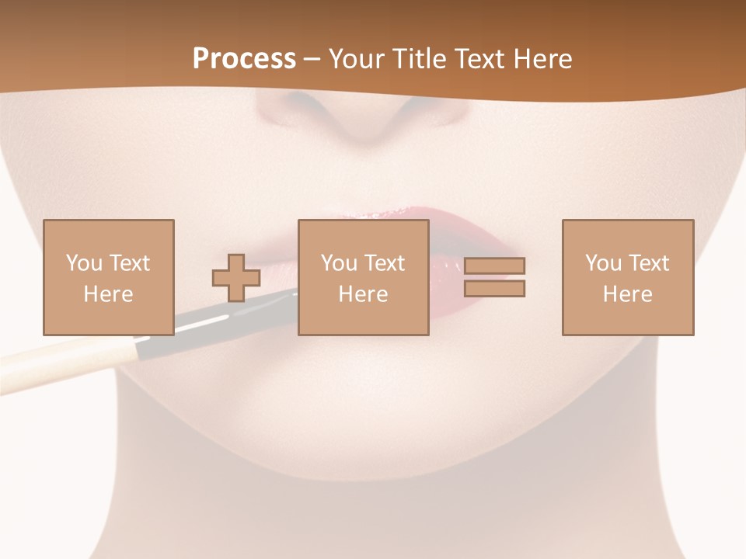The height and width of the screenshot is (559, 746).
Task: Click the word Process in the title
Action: pyautogui.click(x=244, y=59)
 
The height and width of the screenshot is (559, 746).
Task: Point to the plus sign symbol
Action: pyautogui.click(x=236, y=278)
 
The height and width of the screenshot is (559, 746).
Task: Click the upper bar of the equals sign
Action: pyautogui.click(x=494, y=266)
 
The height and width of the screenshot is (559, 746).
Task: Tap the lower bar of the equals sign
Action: pyautogui.click(x=494, y=289)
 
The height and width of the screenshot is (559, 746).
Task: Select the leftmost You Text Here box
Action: pyautogui.click(x=109, y=277)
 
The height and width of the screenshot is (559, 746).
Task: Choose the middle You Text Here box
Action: pyautogui.click(x=364, y=277)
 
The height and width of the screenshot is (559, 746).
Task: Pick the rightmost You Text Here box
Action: pyautogui.click(x=628, y=277)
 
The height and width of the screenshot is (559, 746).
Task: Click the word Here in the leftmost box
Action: pyautogui.click(x=109, y=294)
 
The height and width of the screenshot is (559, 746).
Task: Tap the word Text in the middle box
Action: pyautogui.click(x=383, y=263)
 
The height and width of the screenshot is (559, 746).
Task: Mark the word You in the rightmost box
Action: pyautogui.click(x=604, y=263)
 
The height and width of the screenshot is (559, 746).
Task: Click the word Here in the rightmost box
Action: pyautogui.click(x=628, y=294)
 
